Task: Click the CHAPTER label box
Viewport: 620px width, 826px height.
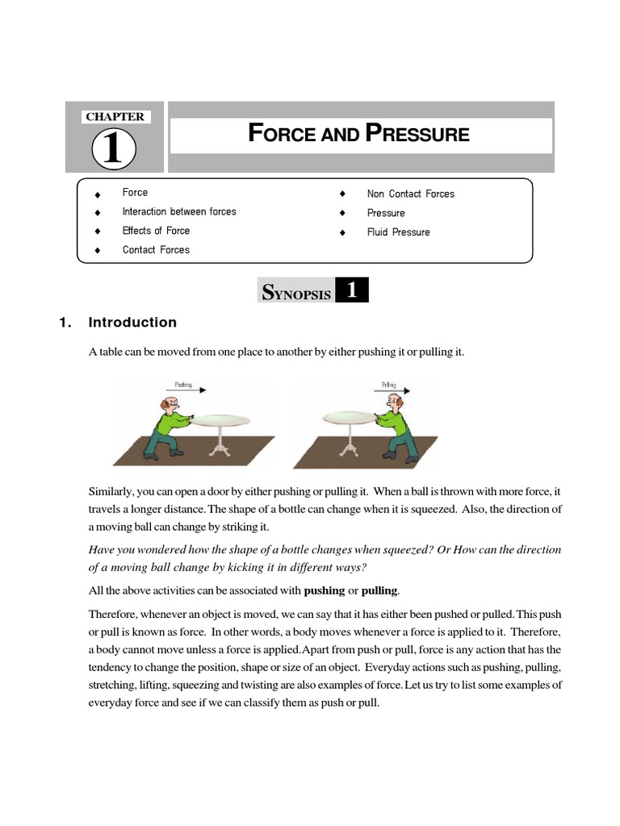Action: coord(115,117)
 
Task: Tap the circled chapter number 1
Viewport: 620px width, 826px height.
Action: coord(114,150)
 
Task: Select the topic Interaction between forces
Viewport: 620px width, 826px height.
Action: coord(179,212)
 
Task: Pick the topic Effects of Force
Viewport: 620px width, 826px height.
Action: coord(156,231)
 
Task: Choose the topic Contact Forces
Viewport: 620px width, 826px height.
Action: coord(156,250)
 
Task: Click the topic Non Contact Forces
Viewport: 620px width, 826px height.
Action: coord(410,194)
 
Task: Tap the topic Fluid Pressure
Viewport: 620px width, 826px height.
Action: coord(398,232)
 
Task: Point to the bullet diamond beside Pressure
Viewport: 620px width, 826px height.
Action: coord(342,214)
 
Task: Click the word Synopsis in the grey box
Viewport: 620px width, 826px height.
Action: coord(296,294)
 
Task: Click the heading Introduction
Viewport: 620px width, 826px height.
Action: coord(132,323)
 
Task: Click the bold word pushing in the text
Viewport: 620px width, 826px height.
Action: coord(324,590)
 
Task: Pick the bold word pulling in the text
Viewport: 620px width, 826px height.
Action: coord(379,590)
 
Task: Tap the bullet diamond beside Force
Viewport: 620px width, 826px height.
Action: coord(97,194)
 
